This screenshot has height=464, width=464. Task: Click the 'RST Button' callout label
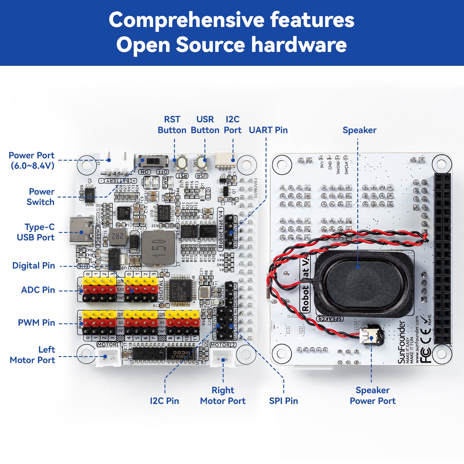tap(172, 125)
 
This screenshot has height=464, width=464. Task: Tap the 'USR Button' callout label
tap(205, 125)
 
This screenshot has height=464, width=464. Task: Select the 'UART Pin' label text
tap(268, 130)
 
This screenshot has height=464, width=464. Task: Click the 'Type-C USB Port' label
tap(36, 232)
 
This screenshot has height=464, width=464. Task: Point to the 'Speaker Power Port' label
tap(373, 395)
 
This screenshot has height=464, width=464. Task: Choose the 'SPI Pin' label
tap(283, 401)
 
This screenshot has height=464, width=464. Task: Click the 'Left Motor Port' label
tap(32, 355)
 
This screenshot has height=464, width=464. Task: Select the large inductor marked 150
tap(158, 248)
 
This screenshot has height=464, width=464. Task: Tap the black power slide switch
tap(153, 160)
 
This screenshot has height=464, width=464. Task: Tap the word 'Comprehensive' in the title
tap(186, 20)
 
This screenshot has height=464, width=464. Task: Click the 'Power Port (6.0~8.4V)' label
tap(32, 160)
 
